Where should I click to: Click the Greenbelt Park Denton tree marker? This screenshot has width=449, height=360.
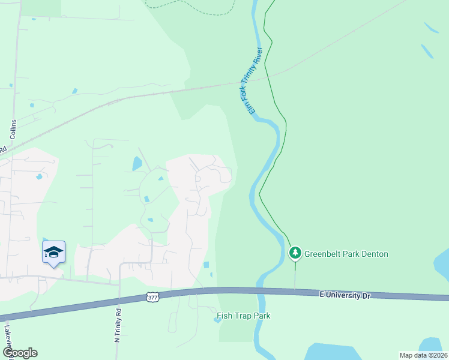click(x=295, y=253)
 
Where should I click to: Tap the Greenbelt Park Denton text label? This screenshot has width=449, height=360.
click(x=346, y=254)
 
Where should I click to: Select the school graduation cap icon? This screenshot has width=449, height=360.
click(x=53, y=252)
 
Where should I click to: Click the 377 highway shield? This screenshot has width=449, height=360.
click(x=152, y=296)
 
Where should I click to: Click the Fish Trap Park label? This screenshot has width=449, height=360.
click(x=243, y=316)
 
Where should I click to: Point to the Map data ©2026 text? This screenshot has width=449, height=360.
click(x=423, y=355)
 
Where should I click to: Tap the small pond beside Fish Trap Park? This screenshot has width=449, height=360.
click(x=217, y=319)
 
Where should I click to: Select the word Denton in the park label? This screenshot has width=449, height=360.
click(x=374, y=254)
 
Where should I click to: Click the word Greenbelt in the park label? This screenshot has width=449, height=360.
click(x=324, y=254)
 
